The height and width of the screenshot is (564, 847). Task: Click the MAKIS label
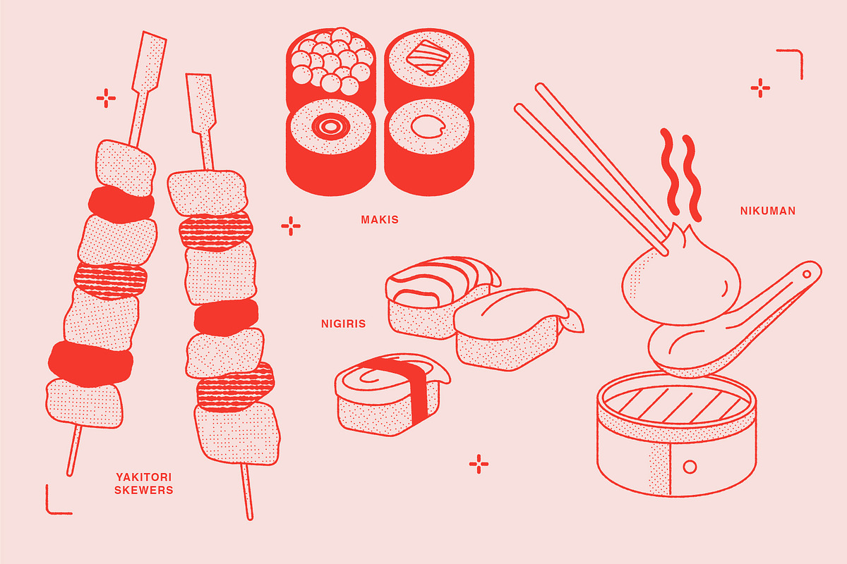pyautogui.click(x=380, y=219)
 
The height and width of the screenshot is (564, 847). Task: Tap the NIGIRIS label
pyautogui.click(x=343, y=324)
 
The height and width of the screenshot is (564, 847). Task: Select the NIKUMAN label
pyautogui.click(x=768, y=211)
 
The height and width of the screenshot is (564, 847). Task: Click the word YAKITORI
pyautogui.click(x=144, y=477)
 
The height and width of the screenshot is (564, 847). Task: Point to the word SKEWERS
pyautogui.click(x=144, y=491)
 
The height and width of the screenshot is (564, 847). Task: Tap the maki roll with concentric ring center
pyautogui.click(x=331, y=147)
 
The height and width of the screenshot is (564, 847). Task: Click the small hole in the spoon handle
pyautogui.click(x=807, y=274)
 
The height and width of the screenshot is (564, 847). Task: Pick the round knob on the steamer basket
pyautogui.click(x=690, y=467)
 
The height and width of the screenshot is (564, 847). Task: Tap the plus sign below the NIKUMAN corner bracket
pyautogui.click(x=760, y=88)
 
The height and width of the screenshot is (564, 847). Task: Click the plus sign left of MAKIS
pyautogui.click(x=291, y=226)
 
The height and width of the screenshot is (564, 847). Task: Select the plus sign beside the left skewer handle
pyautogui.click(x=106, y=98)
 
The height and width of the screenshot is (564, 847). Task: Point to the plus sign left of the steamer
pyautogui.click(x=479, y=464)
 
